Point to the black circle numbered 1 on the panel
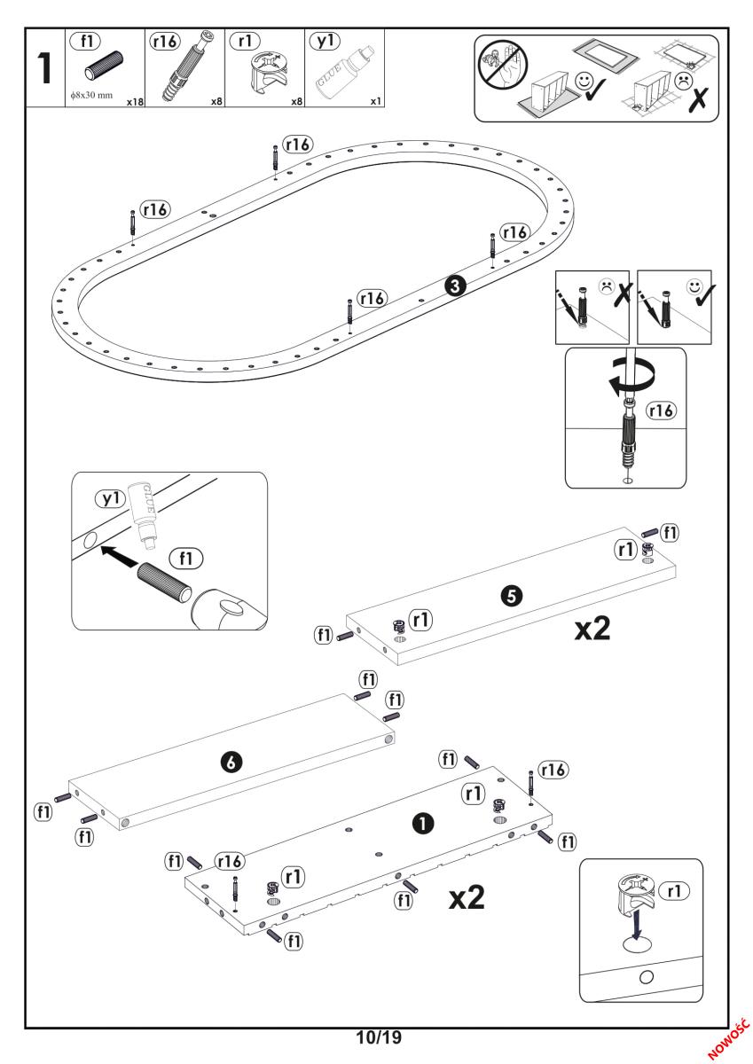[x=423, y=823]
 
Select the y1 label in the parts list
[x=320, y=41]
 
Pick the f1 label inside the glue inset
[x=187, y=559]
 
